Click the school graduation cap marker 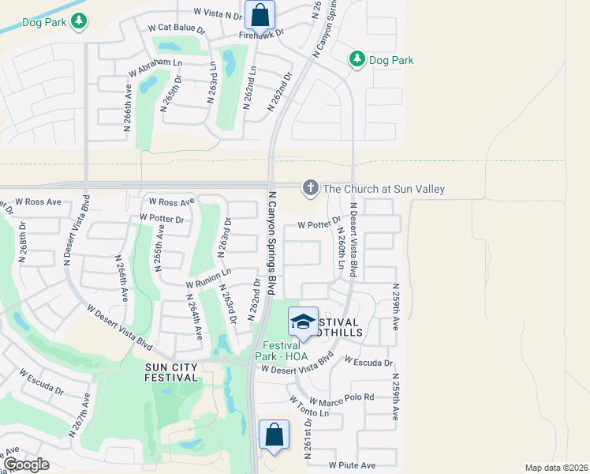tap(303, 322)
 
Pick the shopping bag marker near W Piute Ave tap(274, 434)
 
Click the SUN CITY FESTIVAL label tap(171, 372)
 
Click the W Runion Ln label tap(208, 278)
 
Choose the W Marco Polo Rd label tap(342, 399)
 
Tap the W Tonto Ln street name tap(308, 408)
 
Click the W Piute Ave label tap(352, 466)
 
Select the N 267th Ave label tap(78, 416)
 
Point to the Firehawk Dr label tap(262, 36)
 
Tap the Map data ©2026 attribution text tap(556, 468)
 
